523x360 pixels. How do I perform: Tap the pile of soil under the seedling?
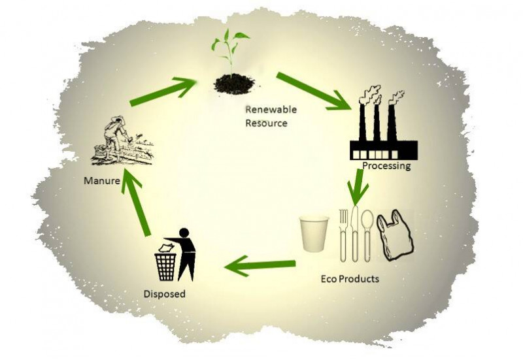[235, 83]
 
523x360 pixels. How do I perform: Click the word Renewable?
[266, 109]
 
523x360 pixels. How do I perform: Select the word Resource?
[265, 122]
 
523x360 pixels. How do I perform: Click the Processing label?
[386, 166]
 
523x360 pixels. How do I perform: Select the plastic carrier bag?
[395, 236]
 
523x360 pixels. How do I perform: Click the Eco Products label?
[350, 278]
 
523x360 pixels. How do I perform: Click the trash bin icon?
[165, 263]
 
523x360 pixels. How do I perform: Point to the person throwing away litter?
[186, 253]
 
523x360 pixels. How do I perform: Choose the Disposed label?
[164, 294]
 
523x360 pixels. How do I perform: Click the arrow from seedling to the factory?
[312, 91]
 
